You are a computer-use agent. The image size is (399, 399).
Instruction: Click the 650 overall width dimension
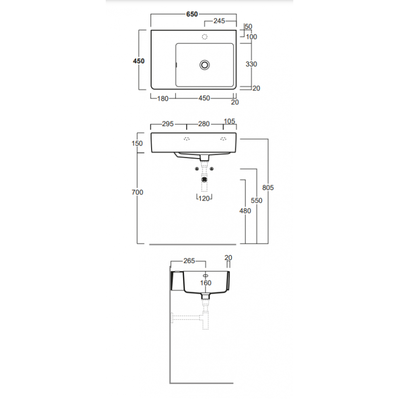[192, 14]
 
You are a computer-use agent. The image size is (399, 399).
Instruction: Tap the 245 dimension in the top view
[219, 21]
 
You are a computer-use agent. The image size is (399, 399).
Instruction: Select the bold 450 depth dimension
[139, 61]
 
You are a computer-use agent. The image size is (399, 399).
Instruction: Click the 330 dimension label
[251, 64]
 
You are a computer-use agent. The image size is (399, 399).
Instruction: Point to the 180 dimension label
[163, 98]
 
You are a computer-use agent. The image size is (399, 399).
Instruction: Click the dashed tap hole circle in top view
[204, 37]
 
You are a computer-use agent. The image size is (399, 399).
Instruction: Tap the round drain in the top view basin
[204, 65]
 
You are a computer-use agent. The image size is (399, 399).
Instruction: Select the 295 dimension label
[168, 124]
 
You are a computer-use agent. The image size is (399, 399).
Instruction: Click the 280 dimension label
[204, 124]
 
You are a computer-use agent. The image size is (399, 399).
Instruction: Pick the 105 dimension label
[229, 121]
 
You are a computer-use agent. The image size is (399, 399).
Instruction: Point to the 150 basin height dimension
[137, 144]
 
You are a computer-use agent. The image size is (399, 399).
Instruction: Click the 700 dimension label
[138, 193]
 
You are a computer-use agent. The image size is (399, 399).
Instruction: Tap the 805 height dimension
[268, 188]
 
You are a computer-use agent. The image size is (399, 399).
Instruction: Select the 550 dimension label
[256, 201]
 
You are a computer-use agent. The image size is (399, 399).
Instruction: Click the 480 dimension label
[245, 211]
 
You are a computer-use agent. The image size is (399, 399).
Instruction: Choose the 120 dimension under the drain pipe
[204, 199]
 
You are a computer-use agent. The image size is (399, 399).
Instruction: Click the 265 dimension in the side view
[189, 261]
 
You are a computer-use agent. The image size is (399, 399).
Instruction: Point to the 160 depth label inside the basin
[205, 283]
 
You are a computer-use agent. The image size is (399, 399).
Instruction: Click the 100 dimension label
[251, 37]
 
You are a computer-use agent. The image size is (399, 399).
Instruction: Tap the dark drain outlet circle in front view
[204, 180]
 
